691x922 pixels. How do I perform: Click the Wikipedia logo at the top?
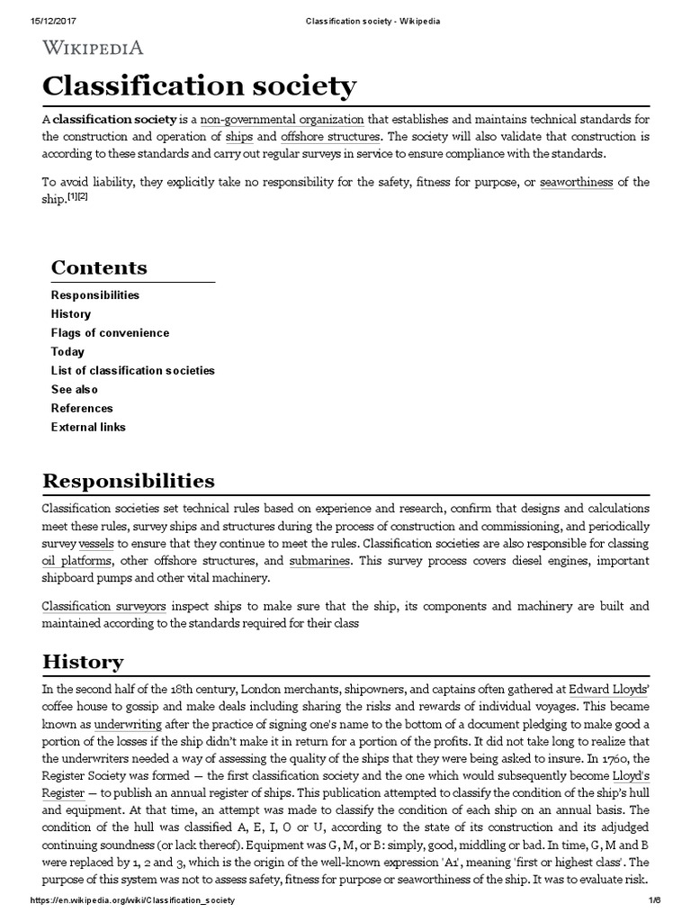coord(93,49)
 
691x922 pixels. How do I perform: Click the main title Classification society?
coord(199,86)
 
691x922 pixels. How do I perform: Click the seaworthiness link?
coord(577,182)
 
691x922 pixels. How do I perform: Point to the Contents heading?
coord(99,267)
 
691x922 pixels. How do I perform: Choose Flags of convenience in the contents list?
coord(110,333)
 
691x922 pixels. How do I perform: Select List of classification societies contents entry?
coord(133,371)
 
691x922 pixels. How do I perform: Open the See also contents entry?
coord(75,390)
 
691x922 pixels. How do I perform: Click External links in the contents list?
coord(88,428)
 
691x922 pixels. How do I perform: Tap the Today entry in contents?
coord(67,352)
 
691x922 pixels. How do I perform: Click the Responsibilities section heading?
coord(129,480)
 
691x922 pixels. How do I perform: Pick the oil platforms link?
coord(67,561)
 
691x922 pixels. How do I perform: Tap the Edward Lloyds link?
coord(607,689)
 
